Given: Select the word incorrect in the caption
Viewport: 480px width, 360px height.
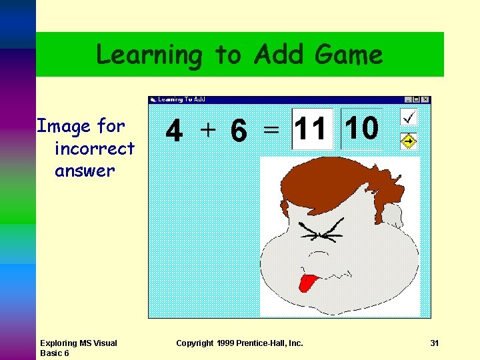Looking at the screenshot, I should point(95,148).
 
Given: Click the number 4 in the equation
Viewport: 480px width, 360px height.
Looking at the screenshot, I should point(174,131).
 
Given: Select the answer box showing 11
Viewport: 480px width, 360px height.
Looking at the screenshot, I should point(311,128).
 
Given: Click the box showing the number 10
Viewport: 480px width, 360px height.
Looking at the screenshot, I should point(362,128).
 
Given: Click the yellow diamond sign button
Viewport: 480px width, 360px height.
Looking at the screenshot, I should point(409,141).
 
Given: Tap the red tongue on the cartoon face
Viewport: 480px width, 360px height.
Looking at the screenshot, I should point(308,282).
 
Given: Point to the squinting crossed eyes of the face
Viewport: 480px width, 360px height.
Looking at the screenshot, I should point(322,231).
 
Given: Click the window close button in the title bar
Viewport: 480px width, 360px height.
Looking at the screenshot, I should point(425,100).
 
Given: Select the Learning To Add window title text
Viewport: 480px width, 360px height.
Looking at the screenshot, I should point(181,100).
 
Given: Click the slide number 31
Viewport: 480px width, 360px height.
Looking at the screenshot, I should point(435,343).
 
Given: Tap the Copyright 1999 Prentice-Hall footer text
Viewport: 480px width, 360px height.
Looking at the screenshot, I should point(239,343).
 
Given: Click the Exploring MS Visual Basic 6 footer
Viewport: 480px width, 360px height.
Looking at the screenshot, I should point(78,348).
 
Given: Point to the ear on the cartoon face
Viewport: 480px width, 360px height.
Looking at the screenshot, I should point(393,215).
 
